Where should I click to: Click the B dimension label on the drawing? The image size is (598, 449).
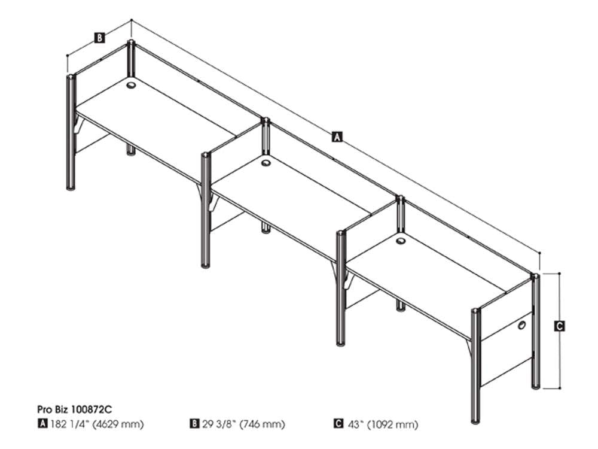[99, 38]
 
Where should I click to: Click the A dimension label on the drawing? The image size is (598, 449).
[337, 136]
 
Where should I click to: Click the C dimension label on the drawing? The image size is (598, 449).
[559, 326]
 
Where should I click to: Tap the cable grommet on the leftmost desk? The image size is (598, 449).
[131, 85]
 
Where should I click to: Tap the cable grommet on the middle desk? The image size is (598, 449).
[266, 163]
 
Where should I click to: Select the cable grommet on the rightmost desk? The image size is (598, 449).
[401, 241]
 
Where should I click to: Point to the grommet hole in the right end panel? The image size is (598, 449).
[521, 325]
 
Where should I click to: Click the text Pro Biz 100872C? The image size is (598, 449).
[75, 409]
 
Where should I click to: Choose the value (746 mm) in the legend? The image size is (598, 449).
[262, 424]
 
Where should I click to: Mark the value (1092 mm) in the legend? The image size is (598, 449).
[392, 424]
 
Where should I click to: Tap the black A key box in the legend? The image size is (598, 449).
[42, 423]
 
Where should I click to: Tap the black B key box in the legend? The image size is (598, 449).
[194, 423]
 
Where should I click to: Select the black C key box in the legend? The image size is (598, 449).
[338, 423]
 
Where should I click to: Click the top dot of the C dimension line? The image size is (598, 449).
[559, 274]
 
